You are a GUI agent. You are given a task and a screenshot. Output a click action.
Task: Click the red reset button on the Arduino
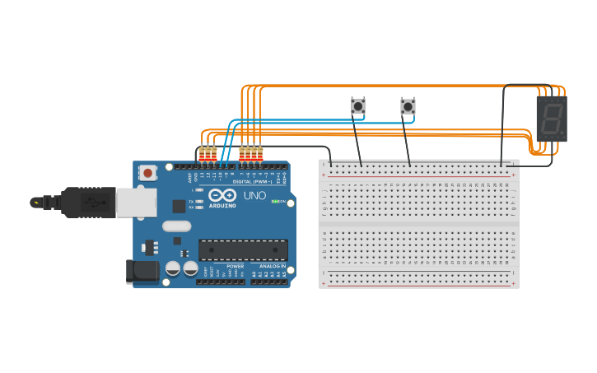(x=148, y=172)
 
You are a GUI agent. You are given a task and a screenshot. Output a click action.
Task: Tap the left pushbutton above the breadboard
(x=357, y=106)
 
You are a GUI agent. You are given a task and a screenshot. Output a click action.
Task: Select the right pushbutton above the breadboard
(x=408, y=106)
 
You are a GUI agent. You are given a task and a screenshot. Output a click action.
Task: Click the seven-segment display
(x=551, y=119)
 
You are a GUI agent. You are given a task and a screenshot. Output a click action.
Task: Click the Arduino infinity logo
(x=222, y=195)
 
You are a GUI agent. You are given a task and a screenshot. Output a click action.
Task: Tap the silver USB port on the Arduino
(x=136, y=202)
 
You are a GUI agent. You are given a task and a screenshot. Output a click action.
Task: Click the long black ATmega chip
(x=243, y=249)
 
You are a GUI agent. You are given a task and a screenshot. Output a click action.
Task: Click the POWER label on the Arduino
(x=235, y=267)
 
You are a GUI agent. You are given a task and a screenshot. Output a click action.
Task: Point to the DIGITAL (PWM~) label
(x=252, y=182)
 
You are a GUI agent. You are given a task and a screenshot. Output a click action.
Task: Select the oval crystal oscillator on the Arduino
(x=176, y=226)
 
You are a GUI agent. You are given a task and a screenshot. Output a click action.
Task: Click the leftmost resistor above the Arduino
(x=202, y=153)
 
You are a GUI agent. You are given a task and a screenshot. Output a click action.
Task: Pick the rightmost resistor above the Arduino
(x=260, y=153)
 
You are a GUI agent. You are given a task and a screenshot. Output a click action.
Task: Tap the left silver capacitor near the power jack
(x=173, y=268)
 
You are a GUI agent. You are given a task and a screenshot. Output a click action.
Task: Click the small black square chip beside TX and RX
(x=179, y=206)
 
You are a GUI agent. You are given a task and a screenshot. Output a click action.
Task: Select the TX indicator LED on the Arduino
(x=198, y=201)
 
